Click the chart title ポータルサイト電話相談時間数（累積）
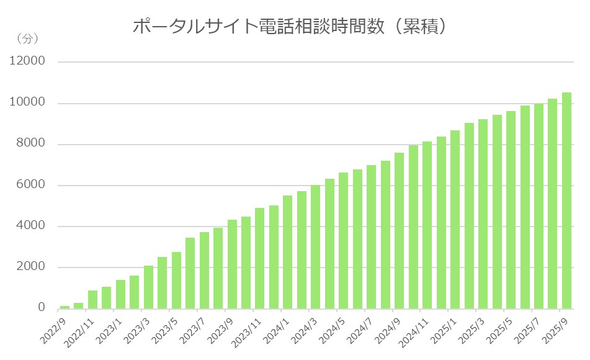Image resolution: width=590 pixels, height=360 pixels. click(x=290, y=27)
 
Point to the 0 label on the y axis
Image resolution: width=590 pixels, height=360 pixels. click(x=42, y=308)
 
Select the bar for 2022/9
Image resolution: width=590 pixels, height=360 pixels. click(x=65, y=307)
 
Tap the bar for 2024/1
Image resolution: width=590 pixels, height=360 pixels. click(x=287, y=252)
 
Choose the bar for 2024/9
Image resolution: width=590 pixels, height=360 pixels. click(x=399, y=230)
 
